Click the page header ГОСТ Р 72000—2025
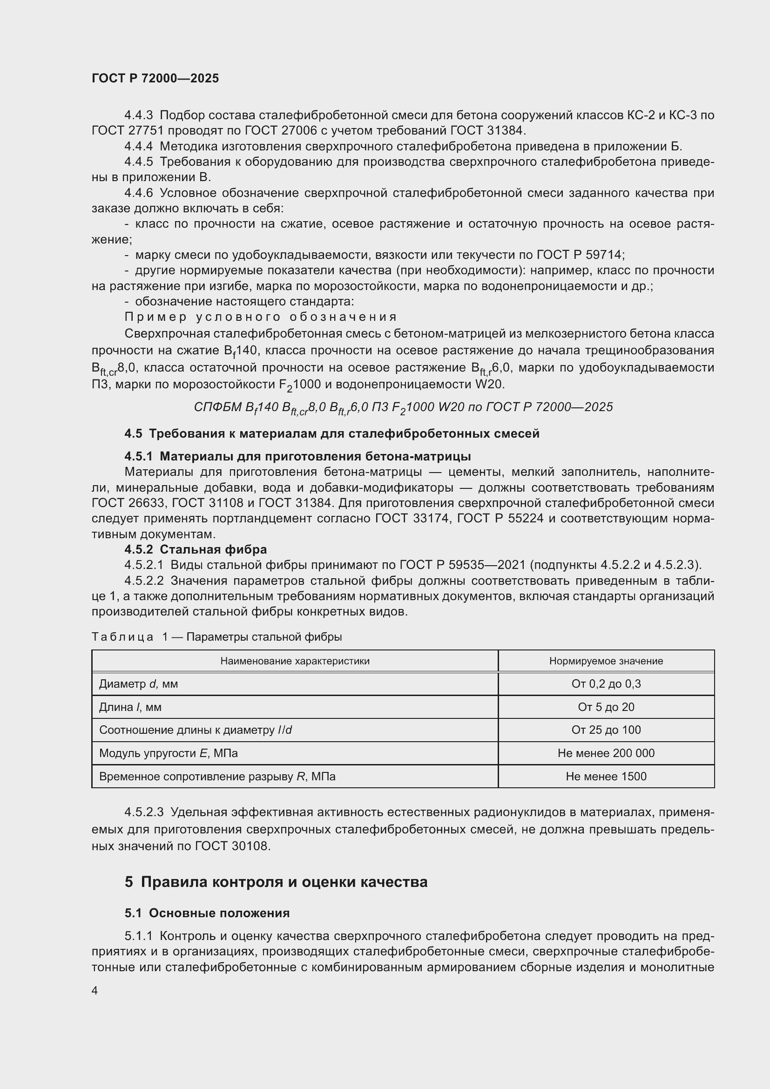155,79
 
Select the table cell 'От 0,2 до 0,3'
606,684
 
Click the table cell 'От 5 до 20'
606,707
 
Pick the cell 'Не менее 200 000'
606,753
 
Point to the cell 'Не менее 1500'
606,777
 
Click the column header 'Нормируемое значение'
606,661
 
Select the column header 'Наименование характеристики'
294,661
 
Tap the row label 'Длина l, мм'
130,707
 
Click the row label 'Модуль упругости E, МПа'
169,753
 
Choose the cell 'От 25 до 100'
606,730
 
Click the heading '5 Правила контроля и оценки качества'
276,882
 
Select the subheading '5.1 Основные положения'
207,913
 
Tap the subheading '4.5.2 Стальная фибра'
196,550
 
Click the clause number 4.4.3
138,115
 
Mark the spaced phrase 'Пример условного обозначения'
261,317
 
